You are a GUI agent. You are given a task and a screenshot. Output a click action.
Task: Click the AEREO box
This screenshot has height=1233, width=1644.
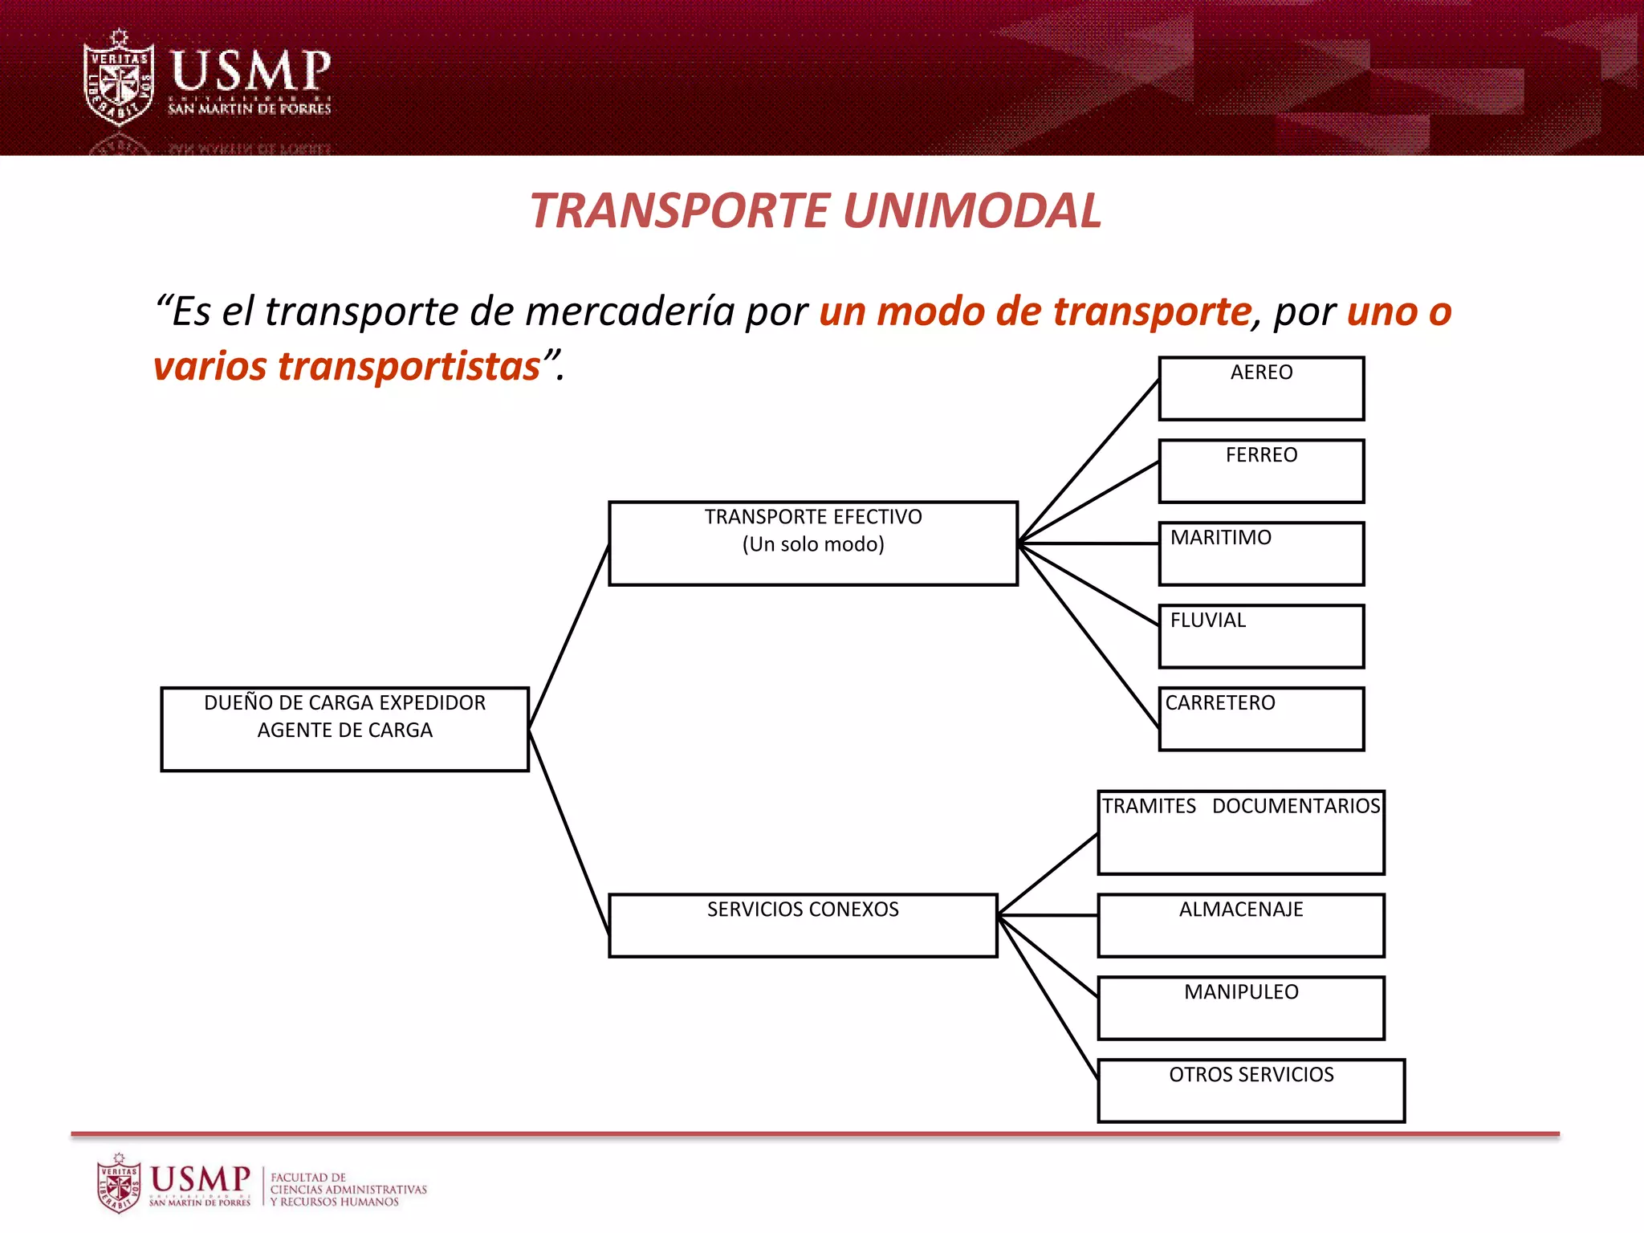(x=1261, y=389)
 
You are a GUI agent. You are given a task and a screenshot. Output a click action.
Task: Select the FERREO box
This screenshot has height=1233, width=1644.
(x=1261, y=471)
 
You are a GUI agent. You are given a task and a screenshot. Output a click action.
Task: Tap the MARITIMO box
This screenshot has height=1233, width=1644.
(x=1261, y=554)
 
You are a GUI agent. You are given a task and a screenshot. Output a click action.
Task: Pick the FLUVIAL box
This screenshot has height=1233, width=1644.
(x=1261, y=637)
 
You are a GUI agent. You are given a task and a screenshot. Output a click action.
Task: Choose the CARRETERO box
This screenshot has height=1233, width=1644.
(x=1261, y=719)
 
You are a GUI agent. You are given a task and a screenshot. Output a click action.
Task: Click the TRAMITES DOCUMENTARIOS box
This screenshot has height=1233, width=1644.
(x=1241, y=832)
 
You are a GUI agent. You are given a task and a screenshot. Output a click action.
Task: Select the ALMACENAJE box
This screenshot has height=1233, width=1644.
(x=1241, y=926)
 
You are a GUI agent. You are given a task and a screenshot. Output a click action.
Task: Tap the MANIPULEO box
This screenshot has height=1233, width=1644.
(x=1241, y=1008)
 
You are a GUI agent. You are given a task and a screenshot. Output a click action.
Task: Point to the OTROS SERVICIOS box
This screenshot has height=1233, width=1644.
(x=1251, y=1091)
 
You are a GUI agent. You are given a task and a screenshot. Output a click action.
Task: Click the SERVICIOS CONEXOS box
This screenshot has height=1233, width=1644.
(x=803, y=926)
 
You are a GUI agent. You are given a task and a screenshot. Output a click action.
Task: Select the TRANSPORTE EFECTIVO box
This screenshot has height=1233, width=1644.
(x=813, y=543)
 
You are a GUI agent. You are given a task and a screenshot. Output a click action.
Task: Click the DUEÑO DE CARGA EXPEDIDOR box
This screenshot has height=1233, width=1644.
(x=344, y=729)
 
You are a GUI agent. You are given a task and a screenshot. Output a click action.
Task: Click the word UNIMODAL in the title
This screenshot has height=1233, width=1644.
(x=972, y=211)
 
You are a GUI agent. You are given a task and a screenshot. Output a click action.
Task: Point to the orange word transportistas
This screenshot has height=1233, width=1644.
(x=409, y=367)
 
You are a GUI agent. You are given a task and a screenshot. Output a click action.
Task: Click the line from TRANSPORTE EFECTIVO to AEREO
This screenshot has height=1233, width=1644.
(x=1089, y=461)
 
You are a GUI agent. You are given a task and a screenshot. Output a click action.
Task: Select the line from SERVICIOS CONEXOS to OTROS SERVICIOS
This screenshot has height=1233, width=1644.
(x=1048, y=998)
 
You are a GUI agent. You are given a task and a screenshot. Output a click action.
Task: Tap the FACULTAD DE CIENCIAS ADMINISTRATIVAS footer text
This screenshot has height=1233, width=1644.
(x=348, y=1189)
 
